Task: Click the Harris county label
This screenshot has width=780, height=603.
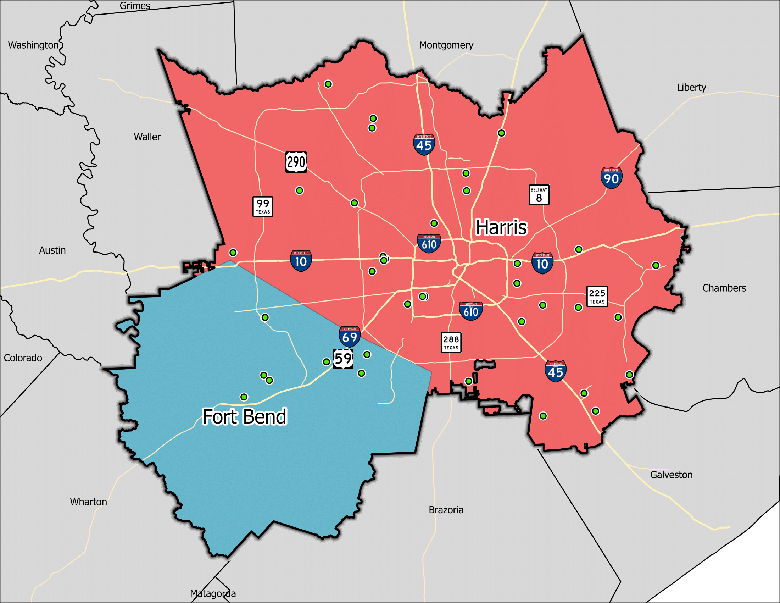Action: click(501, 227)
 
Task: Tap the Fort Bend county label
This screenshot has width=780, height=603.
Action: click(245, 416)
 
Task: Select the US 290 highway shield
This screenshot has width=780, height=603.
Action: click(296, 162)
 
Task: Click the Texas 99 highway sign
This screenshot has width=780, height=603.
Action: click(263, 206)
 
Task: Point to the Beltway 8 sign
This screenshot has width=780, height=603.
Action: click(539, 195)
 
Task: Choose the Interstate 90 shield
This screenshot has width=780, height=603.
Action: click(611, 178)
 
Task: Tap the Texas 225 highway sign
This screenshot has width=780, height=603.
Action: click(597, 296)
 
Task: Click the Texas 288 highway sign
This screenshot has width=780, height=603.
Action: click(451, 342)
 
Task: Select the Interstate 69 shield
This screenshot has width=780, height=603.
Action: click(349, 336)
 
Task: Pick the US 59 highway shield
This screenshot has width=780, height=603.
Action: click(343, 359)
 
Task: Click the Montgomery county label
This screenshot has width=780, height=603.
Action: click(446, 45)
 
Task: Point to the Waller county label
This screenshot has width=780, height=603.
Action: click(147, 137)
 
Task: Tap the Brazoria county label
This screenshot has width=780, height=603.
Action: click(446, 510)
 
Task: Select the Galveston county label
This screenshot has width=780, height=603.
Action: click(671, 475)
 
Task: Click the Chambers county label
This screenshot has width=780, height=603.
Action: click(724, 288)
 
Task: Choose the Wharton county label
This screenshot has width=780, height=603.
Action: click(89, 502)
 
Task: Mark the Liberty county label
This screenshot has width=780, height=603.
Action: click(691, 88)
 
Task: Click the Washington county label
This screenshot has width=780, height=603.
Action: click(33, 45)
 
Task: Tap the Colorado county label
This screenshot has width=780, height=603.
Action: click(23, 358)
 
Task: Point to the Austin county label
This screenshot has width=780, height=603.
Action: click(52, 250)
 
